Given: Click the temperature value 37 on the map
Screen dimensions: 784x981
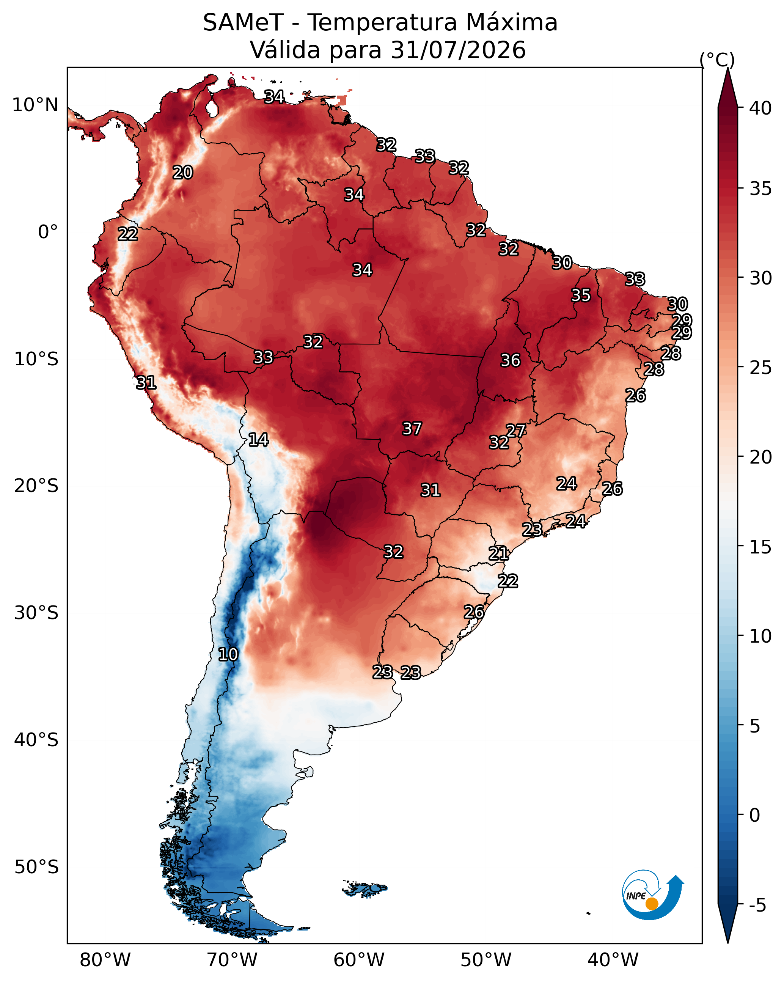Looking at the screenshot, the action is [x=412, y=428].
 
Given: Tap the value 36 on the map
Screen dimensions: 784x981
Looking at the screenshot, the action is [x=510, y=360].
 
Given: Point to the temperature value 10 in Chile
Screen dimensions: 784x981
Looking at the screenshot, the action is [x=228, y=654].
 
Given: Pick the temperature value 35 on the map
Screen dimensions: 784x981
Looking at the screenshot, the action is [x=581, y=295].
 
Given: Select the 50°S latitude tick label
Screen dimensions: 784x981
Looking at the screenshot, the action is [x=36, y=867].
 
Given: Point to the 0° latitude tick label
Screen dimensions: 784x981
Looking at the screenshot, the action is [x=48, y=232].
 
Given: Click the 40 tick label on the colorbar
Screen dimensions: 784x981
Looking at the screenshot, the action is [x=760, y=108].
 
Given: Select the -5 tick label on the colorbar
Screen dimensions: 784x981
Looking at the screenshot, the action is [x=757, y=905].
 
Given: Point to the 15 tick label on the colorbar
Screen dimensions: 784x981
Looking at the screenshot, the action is [x=760, y=547].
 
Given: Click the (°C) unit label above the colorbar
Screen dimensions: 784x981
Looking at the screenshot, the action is [x=717, y=60].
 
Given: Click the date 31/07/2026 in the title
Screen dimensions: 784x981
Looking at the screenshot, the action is [x=458, y=50].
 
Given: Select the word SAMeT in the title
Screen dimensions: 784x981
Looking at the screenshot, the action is [x=243, y=22].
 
